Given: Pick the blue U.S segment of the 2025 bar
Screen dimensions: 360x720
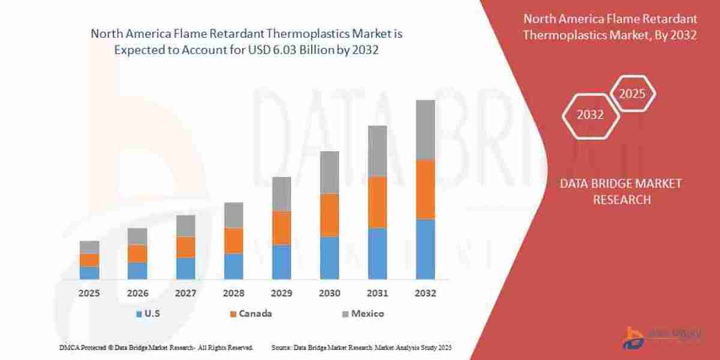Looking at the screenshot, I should pos(89,272).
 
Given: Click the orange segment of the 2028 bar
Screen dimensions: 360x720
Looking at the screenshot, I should pos(233,241).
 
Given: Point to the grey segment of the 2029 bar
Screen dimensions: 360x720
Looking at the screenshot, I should pos(281,194).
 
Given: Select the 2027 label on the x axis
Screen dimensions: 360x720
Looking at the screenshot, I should pos(185,294).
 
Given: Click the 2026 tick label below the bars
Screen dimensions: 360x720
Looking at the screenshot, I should pos(137,294).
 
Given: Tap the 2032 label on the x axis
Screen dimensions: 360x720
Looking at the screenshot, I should pos(425,294).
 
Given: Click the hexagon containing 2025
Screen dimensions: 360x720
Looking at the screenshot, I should pos(632,94).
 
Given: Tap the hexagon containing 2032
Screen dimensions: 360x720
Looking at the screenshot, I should pos(590,115).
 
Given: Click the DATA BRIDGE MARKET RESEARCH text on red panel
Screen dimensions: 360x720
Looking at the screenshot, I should pos(621,191).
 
